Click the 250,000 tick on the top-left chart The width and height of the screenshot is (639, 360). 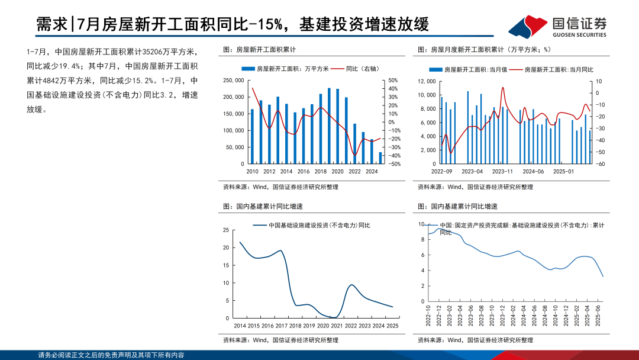coord(233,81)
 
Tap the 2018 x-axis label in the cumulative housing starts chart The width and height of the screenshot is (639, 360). coord(320,172)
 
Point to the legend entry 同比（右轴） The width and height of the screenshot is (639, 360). coord(357,69)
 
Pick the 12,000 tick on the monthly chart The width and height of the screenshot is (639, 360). coord(427,81)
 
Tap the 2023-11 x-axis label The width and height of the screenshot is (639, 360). coord(502,172)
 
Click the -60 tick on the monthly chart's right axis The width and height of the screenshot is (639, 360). coord(599,164)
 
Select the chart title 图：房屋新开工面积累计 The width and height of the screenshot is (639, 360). coord(259,50)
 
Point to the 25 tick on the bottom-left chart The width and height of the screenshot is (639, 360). coord(225,230)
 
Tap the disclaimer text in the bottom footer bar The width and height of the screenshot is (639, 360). coord(111,355)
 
